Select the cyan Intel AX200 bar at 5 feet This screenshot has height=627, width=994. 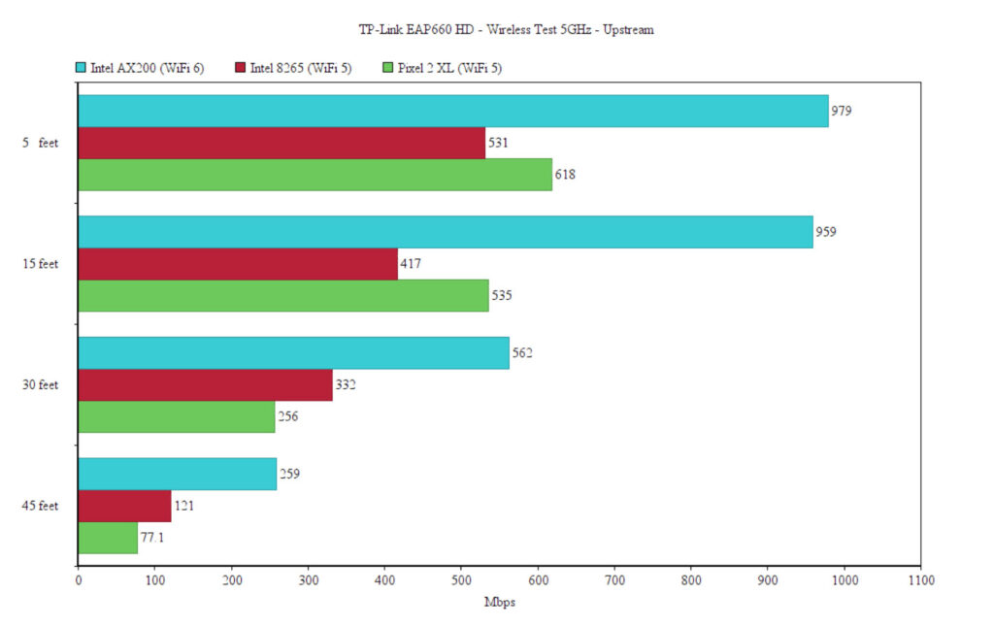click(452, 111)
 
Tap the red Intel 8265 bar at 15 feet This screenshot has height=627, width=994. click(238, 264)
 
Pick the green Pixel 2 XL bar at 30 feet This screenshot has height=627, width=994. click(177, 417)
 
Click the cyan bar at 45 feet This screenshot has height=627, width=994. click(177, 475)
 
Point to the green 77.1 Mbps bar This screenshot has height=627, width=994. click(108, 539)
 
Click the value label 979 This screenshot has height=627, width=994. click(842, 111)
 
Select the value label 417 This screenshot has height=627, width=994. click(411, 264)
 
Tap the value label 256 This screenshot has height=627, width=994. click(289, 417)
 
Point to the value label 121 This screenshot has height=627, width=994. click(184, 507)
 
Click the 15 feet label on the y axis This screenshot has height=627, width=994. click(40, 264)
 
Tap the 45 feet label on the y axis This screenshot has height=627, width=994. click(40, 507)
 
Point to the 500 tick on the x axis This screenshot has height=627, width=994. click(461, 581)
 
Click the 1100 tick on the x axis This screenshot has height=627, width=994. click(920, 581)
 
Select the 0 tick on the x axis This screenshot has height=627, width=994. click(79, 581)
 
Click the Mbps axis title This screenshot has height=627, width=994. click(499, 603)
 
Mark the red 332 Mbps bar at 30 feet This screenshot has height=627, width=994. click(205, 385)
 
